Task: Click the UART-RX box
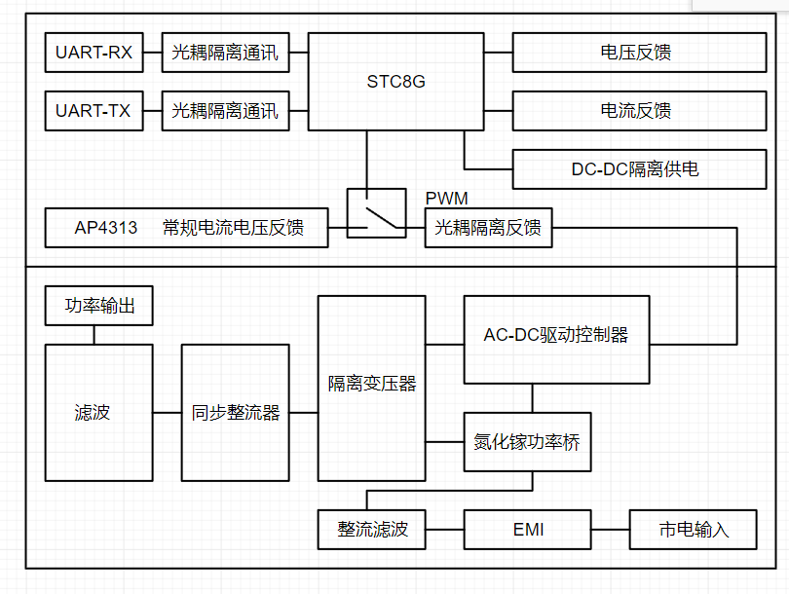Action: [94, 53]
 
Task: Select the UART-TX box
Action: [94, 111]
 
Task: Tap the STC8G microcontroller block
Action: [396, 82]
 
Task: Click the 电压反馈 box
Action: [640, 53]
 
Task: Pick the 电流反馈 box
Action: [640, 111]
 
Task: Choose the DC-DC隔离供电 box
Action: [640, 169]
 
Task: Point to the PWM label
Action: [447, 199]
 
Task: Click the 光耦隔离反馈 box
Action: [488, 228]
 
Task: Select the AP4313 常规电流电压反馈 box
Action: [187, 228]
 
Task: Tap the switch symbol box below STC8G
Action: [376, 213]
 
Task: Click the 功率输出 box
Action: [99, 306]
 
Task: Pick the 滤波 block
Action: [99, 413]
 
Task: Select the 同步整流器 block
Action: [236, 413]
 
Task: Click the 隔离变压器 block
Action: [372, 389]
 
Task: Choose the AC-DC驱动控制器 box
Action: [556, 340]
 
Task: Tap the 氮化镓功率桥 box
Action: [527, 442]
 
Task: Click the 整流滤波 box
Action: [372, 530]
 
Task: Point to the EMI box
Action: [527, 530]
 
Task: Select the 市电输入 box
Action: [693, 530]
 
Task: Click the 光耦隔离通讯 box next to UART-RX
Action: [225, 53]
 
